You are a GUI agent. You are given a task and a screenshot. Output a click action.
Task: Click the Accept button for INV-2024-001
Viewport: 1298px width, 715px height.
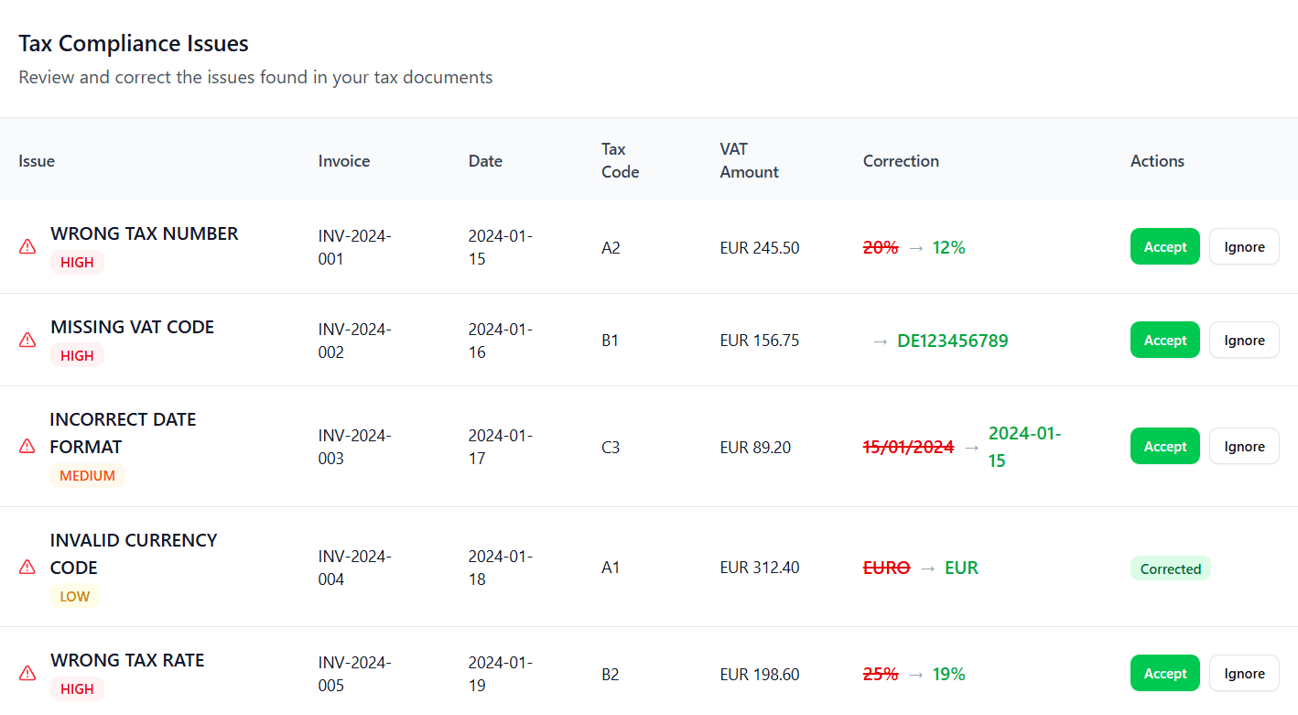click(x=1164, y=247)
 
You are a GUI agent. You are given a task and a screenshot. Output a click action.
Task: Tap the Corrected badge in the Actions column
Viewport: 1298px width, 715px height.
click(x=1170, y=569)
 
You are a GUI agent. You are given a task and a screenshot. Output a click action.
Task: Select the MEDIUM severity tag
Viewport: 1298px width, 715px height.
click(x=87, y=476)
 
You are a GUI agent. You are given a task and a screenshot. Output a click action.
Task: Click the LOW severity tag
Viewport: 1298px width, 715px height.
click(x=74, y=597)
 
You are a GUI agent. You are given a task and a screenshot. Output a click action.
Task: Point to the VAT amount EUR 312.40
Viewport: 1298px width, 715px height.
click(x=759, y=568)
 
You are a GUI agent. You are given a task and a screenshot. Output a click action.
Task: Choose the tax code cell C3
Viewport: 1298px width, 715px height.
click(x=611, y=448)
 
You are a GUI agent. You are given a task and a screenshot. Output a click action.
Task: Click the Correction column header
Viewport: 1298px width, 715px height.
click(x=901, y=161)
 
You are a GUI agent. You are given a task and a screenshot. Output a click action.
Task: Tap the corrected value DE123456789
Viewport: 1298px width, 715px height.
click(x=952, y=341)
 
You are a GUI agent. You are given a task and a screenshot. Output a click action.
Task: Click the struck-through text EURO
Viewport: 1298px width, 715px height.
click(x=886, y=568)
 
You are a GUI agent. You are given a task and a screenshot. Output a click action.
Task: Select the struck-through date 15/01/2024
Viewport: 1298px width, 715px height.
click(x=908, y=448)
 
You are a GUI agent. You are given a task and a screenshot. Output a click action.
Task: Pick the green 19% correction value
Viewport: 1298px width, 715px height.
click(x=948, y=675)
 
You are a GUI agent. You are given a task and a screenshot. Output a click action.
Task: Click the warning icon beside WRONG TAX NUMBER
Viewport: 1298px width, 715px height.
click(x=27, y=247)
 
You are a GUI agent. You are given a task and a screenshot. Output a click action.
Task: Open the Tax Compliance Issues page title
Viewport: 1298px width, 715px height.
click(x=134, y=43)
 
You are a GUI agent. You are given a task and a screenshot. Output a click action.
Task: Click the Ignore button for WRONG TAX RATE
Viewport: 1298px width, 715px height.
click(x=1244, y=674)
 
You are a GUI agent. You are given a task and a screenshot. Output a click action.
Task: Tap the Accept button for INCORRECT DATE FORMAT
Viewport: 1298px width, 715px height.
click(x=1164, y=447)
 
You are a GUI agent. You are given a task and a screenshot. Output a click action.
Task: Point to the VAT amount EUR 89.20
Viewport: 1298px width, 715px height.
click(x=755, y=448)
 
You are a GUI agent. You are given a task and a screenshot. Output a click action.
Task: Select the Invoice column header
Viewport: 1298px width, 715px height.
click(x=344, y=161)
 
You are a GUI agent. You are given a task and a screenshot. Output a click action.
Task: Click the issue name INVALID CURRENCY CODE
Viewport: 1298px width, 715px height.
click(x=134, y=554)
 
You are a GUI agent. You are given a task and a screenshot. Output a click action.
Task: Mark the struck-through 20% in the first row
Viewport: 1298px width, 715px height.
click(x=881, y=248)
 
